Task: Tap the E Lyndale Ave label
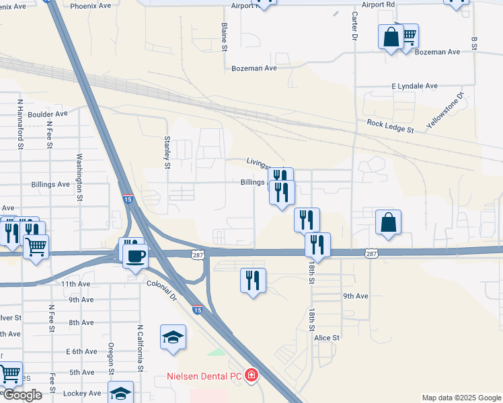(414, 87)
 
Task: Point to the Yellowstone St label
(445, 110)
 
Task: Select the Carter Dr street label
(354, 26)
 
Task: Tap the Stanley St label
(167, 152)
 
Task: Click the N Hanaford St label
(21, 124)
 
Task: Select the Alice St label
(327, 338)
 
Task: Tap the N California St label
(140, 349)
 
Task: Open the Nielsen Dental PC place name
(204, 377)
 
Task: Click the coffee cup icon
(135, 256)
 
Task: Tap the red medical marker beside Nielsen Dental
(251, 375)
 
